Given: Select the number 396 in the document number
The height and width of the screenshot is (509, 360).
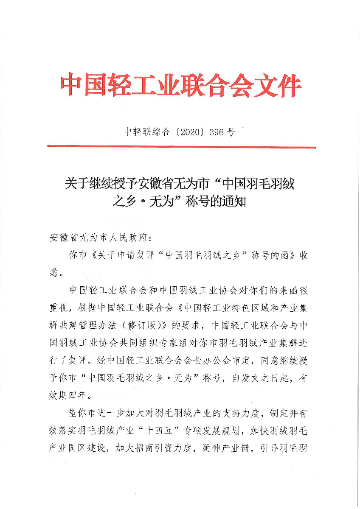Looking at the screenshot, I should coord(217,132).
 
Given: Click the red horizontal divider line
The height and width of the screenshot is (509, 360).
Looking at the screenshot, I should coord(181,147).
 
